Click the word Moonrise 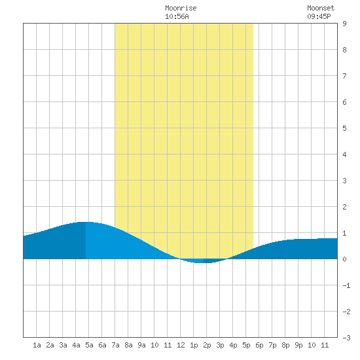coord(181,8)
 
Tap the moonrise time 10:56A coord(177,16)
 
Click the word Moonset coord(321,8)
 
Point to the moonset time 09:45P coord(319,16)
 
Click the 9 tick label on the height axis coord(344,24)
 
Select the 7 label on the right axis coord(344,76)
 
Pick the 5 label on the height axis coord(344,128)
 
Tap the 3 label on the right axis coord(344,181)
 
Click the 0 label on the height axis coord(344,259)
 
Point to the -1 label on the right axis coord(346,285)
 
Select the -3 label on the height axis coord(346,338)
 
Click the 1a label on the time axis coord(37,345)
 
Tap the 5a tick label coord(89,345)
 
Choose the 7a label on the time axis coord(115,345)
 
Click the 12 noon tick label coord(181,345)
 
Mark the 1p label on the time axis coord(194,345)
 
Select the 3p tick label coord(220,345)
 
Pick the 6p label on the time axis coord(259,345)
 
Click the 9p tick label coord(298,345)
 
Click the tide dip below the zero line coord(204,261)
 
